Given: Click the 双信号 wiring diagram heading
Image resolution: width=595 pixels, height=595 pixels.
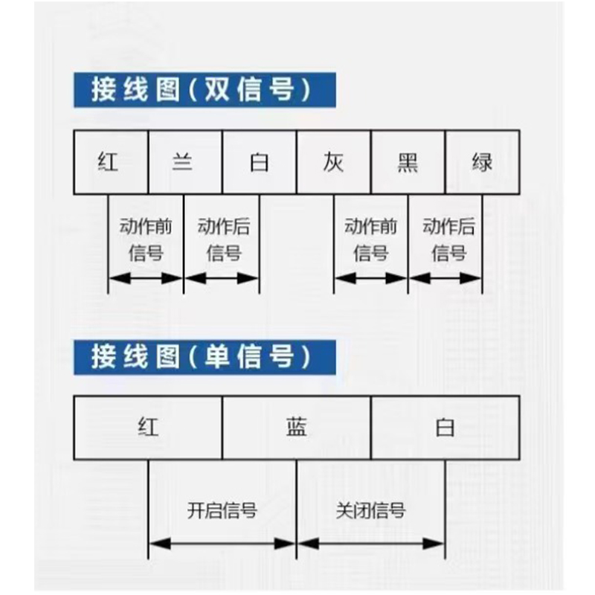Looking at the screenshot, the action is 205,90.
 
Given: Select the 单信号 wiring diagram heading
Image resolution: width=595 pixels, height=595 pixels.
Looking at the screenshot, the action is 205,358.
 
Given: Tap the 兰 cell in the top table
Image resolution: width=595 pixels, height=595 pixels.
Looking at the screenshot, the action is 185,162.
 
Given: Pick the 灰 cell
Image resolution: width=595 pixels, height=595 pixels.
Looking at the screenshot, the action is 333,162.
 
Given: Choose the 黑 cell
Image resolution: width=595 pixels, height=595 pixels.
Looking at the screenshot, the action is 408,162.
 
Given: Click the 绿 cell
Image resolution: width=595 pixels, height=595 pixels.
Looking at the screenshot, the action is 482,162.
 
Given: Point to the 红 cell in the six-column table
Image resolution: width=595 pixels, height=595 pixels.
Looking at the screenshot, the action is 111,162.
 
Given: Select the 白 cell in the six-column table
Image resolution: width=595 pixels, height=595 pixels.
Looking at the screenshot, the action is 260,162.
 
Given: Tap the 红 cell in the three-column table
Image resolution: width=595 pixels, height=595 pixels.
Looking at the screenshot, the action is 148,428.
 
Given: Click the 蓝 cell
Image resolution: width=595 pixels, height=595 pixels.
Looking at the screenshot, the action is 297,428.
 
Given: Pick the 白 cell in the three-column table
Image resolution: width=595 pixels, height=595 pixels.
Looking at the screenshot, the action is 446,428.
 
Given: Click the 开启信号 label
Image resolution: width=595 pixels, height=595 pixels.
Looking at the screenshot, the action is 222,510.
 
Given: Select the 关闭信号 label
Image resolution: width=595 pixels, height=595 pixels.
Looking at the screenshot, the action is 370,510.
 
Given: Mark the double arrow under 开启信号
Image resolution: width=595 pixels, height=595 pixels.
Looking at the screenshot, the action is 222,544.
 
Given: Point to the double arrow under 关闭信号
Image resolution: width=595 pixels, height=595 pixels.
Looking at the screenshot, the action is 370,544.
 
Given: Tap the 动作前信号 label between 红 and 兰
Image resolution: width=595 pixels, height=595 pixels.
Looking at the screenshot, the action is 146,239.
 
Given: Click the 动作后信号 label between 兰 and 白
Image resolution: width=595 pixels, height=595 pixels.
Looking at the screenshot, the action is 224,239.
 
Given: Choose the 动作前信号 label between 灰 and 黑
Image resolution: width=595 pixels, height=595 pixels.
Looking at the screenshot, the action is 370,239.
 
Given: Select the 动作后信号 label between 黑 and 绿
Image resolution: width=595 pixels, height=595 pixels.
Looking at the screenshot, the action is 449,239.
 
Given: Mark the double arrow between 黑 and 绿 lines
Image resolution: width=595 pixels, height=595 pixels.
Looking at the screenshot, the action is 445,278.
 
